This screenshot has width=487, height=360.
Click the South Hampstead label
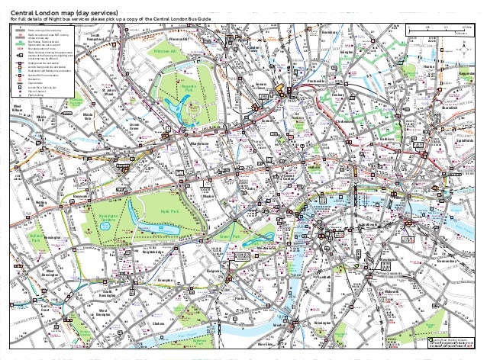coord(96,37)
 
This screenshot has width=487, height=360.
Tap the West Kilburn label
coord(16,108)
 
